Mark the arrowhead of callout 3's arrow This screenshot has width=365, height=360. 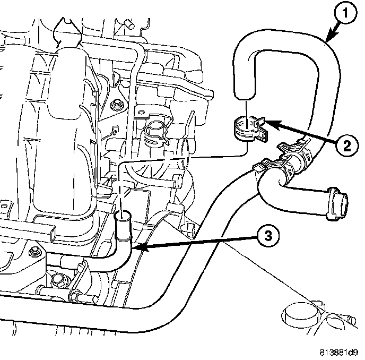tap(134, 247)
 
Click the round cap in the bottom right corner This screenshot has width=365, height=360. tap(298, 315)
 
